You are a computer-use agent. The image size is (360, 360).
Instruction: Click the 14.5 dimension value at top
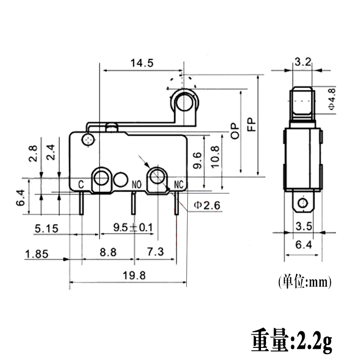coord(142,63)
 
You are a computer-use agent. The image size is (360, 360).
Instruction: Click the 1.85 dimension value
coord(36,254)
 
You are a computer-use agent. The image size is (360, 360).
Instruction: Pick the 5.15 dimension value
coord(46,229)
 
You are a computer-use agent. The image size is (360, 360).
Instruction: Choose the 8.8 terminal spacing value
coord(108,252)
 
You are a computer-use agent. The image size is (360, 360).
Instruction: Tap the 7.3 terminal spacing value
coord(155,252)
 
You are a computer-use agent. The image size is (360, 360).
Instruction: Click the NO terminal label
coord(137,184)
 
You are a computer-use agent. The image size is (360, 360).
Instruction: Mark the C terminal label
coord(81,184)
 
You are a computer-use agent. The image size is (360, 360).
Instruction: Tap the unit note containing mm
coord(304,282)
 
